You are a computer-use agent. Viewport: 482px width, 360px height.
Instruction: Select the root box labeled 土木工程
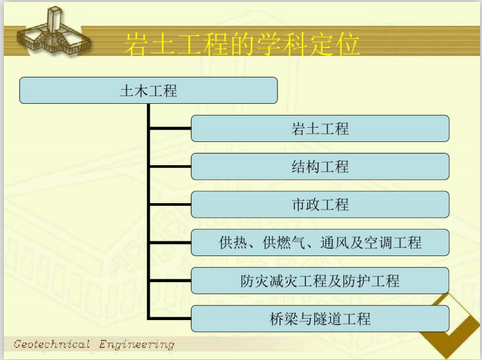148,90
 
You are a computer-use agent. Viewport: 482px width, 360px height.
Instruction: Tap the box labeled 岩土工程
320,128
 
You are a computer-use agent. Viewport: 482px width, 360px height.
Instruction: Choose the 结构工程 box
320,166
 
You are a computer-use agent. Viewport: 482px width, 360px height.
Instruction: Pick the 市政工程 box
320,205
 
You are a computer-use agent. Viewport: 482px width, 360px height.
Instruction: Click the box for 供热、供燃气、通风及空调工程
320,243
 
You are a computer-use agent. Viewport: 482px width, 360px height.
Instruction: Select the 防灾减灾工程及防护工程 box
320,281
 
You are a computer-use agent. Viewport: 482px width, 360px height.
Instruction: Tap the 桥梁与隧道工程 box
320,319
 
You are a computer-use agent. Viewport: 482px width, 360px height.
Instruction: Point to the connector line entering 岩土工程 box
170,128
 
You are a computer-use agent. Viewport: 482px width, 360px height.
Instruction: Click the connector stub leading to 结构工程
170,166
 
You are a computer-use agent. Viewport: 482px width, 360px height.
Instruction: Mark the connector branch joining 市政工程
170,205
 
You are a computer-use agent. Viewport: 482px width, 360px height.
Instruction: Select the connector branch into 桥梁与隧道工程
170,319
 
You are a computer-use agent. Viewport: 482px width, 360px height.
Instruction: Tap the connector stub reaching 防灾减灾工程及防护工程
170,281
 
